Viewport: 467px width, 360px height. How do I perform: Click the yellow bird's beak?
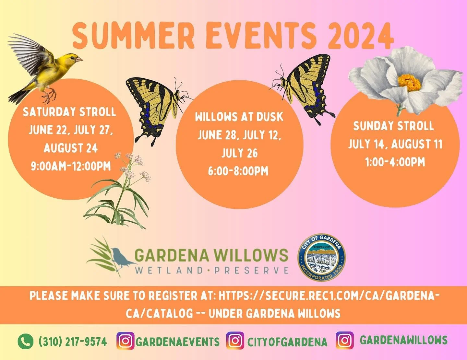click(79, 60)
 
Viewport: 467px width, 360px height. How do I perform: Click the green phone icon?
click(26, 341)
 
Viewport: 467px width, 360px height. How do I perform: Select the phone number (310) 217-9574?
click(73, 342)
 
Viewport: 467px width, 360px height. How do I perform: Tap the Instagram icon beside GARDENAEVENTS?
click(126, 341)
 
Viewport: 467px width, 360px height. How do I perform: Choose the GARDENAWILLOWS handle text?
click(403, 340)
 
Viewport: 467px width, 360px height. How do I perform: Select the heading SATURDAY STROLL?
click(69, 112)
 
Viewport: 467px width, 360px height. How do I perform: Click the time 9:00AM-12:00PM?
click(71, 166)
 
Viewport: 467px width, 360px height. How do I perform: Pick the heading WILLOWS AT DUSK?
click(239, 117)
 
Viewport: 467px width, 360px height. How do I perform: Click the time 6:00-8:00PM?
click(238, 171)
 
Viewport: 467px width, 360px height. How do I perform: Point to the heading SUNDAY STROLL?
click(393, 126)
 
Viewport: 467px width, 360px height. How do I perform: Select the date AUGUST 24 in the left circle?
click(71, 148)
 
